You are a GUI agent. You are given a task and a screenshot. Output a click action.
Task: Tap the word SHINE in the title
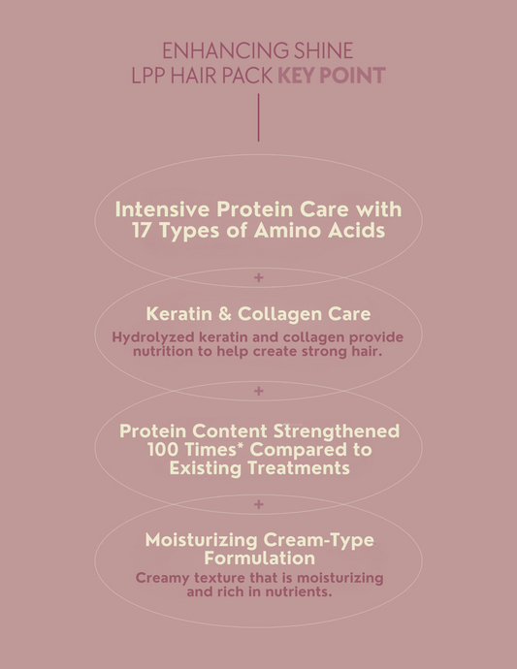(321, 50)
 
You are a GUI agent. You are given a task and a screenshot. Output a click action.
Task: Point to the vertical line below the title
(258, 118)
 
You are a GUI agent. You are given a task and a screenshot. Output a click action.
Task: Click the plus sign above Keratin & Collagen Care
(258, 278)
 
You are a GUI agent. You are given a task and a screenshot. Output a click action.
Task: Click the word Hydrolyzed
(154, 336)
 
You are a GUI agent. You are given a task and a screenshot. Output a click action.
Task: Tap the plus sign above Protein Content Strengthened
(258, 392)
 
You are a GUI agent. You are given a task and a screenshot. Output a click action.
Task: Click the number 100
(165, 450)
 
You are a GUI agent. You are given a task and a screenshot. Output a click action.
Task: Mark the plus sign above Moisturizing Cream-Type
(258, 504)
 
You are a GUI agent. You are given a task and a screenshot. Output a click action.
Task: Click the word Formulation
(258, 558)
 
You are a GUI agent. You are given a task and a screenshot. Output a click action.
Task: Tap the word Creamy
(166, 577)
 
